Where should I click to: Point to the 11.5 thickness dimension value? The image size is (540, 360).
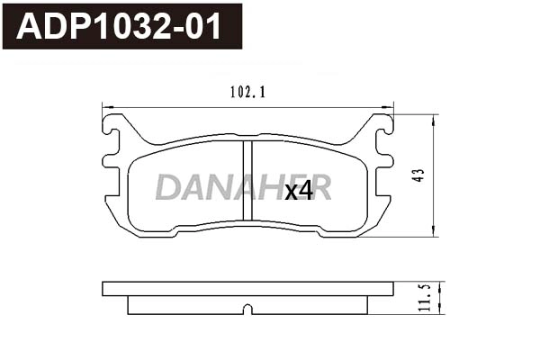coord(424,298)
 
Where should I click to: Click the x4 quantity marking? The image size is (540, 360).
coord(298,191)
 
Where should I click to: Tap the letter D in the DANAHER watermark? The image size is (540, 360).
coord(167,187)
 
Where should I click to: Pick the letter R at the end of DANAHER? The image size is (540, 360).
coord(320,187)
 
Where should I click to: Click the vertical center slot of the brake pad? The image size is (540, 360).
coord(247,180)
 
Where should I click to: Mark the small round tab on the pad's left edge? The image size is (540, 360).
coord(109,161)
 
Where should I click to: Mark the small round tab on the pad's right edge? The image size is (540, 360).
coord(388,161)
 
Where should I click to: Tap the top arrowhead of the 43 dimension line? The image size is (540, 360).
coord(435,118)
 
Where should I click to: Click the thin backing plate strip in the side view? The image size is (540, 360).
coord(248,289)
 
